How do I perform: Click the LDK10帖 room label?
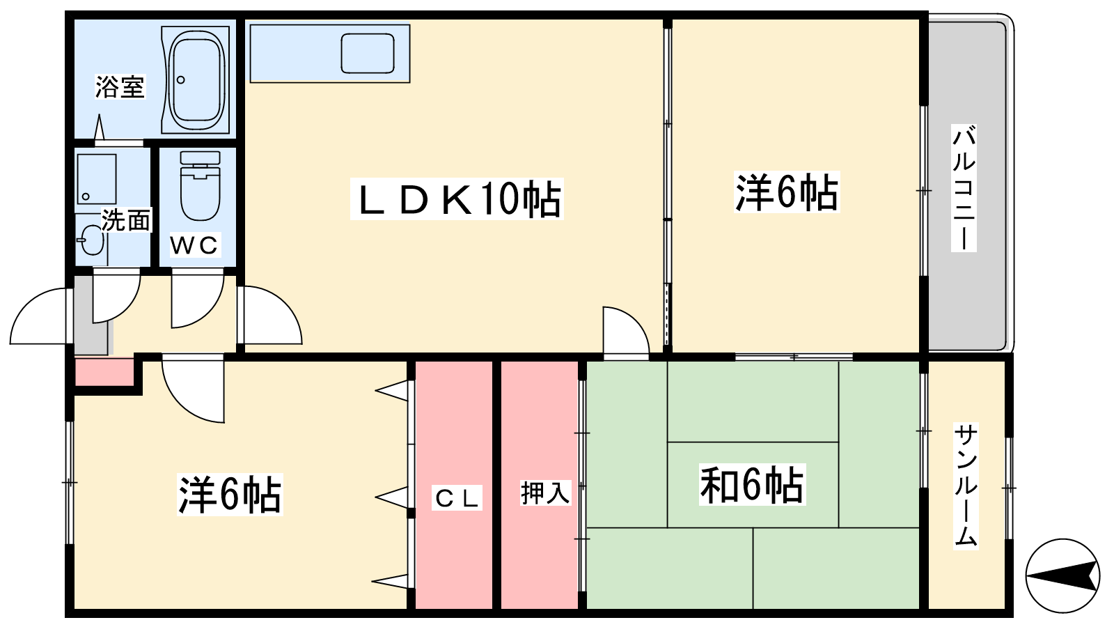(457, 199)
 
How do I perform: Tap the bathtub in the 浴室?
(196, 79)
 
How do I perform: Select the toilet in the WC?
(201, 186)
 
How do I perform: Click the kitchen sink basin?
(368, 53)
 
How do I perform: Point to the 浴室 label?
(120, 86)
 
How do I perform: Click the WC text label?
(194, 245)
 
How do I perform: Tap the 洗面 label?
(126, 220)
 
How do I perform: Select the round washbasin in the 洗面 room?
(92, 240)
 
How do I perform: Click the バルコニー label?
(964, 188)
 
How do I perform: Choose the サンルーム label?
(966, 486)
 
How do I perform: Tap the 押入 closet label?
(545, 493)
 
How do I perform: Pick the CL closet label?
(457, 498)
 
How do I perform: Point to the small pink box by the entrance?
(104, 371)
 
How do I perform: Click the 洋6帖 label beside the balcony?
(787, 192)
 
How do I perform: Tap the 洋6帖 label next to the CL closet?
(230, 495)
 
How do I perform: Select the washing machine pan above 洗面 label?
(97, 178)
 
